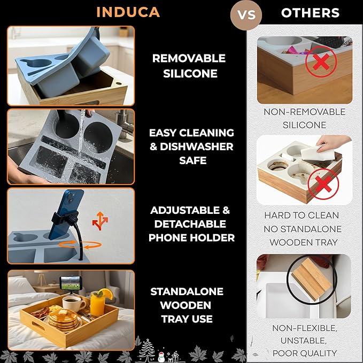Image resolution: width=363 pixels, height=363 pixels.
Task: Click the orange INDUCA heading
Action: point(128,12)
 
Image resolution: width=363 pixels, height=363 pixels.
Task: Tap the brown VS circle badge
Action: point(246,14)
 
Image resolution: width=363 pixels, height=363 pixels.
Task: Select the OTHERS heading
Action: point(310,13)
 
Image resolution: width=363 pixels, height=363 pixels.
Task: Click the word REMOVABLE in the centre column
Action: point(189,58)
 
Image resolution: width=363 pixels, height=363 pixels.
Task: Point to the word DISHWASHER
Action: point(197,146)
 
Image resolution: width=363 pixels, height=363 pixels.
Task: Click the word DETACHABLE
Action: point(190,224)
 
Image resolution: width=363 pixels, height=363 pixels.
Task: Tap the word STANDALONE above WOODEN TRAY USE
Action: point(187,292)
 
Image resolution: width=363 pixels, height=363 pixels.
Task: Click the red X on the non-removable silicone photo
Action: point(321,61)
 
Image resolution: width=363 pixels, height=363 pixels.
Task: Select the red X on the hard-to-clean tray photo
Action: point(323,184)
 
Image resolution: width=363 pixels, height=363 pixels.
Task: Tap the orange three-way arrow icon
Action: point(100,221)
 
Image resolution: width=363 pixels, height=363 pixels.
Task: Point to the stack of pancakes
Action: point(63,320)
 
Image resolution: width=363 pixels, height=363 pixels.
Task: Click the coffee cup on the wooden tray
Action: point(74,303)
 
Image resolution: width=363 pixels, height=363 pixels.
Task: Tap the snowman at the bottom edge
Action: point(161,357)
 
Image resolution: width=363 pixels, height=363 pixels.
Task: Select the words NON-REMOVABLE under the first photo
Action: point(304,112)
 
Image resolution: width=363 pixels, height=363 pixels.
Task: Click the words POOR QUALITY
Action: point(305,353)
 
